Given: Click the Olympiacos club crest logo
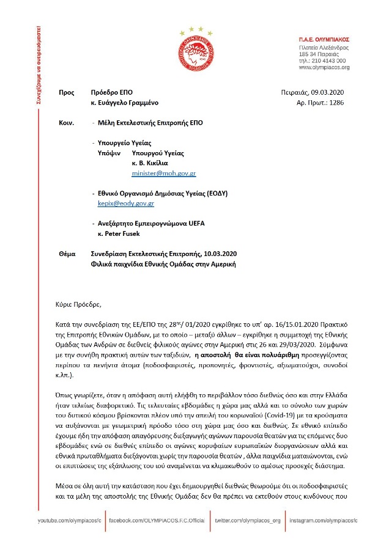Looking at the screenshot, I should tap(195, 50).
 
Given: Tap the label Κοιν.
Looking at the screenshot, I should tap(66, 122).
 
